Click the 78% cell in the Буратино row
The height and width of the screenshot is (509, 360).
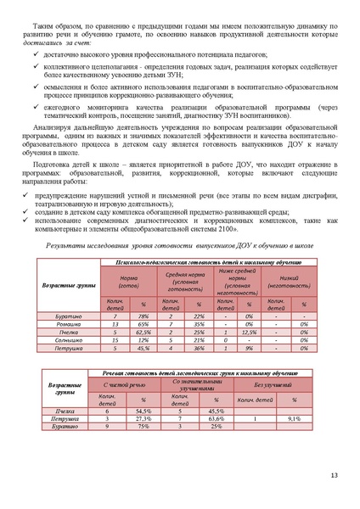tap(143, 316)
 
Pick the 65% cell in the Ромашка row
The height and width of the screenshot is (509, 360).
tap(143, 324)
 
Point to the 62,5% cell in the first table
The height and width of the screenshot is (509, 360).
tap(143, 333)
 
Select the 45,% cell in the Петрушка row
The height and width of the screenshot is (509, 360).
tap(143, 348)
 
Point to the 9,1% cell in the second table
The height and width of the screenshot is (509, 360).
tap(294, 419)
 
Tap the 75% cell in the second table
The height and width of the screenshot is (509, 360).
tap(143, 427)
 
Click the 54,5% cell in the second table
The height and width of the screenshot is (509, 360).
tap(143, 411)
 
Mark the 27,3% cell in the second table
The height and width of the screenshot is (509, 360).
tap(143, 419)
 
